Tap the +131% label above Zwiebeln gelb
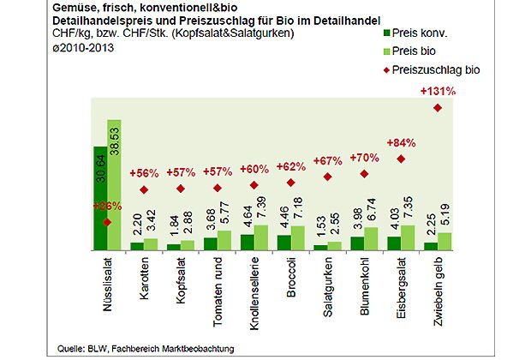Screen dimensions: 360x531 (x=438, y=91)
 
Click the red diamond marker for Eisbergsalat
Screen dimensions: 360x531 (x=401, y=159)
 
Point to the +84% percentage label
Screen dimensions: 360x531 (x=401, y=142)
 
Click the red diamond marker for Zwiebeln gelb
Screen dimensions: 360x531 (x=438, y=107)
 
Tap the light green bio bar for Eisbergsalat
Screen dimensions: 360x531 (x=409, y=237)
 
